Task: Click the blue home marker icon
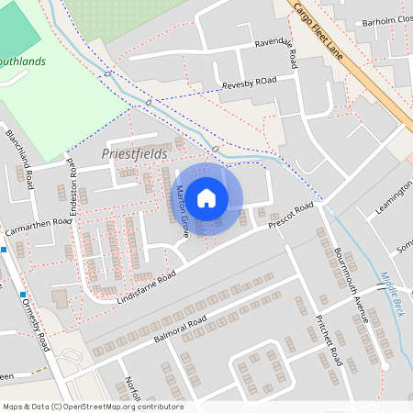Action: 206,197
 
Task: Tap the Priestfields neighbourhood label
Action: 134,154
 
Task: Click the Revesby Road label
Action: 249,84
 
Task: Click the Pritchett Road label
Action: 329,340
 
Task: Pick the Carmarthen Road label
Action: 36,221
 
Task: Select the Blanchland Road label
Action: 19,151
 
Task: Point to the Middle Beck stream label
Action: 391,294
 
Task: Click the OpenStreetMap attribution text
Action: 93,406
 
